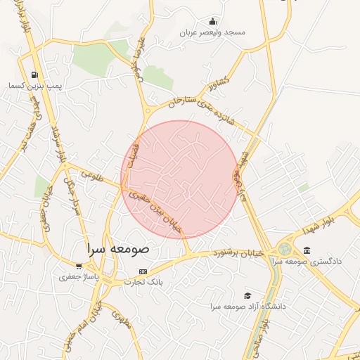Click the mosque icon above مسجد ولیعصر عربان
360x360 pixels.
[212, 22]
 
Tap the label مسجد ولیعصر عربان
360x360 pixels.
[212, 32]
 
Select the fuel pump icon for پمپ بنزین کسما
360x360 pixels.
[34, 75]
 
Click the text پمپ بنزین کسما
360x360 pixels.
[35, 85]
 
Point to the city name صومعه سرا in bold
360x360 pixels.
[119, 249]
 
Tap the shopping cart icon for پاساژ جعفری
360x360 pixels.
[79, 266]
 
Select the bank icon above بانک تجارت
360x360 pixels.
[143, 271]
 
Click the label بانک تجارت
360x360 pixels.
[143, 282]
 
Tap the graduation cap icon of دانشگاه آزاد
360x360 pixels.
[247, 296]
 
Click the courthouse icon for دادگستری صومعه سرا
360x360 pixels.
[307, 250]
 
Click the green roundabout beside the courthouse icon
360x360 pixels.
[284, 249]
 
